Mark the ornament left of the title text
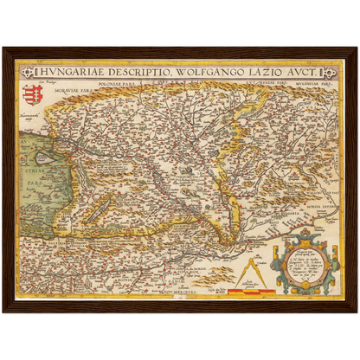[26, 73]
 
